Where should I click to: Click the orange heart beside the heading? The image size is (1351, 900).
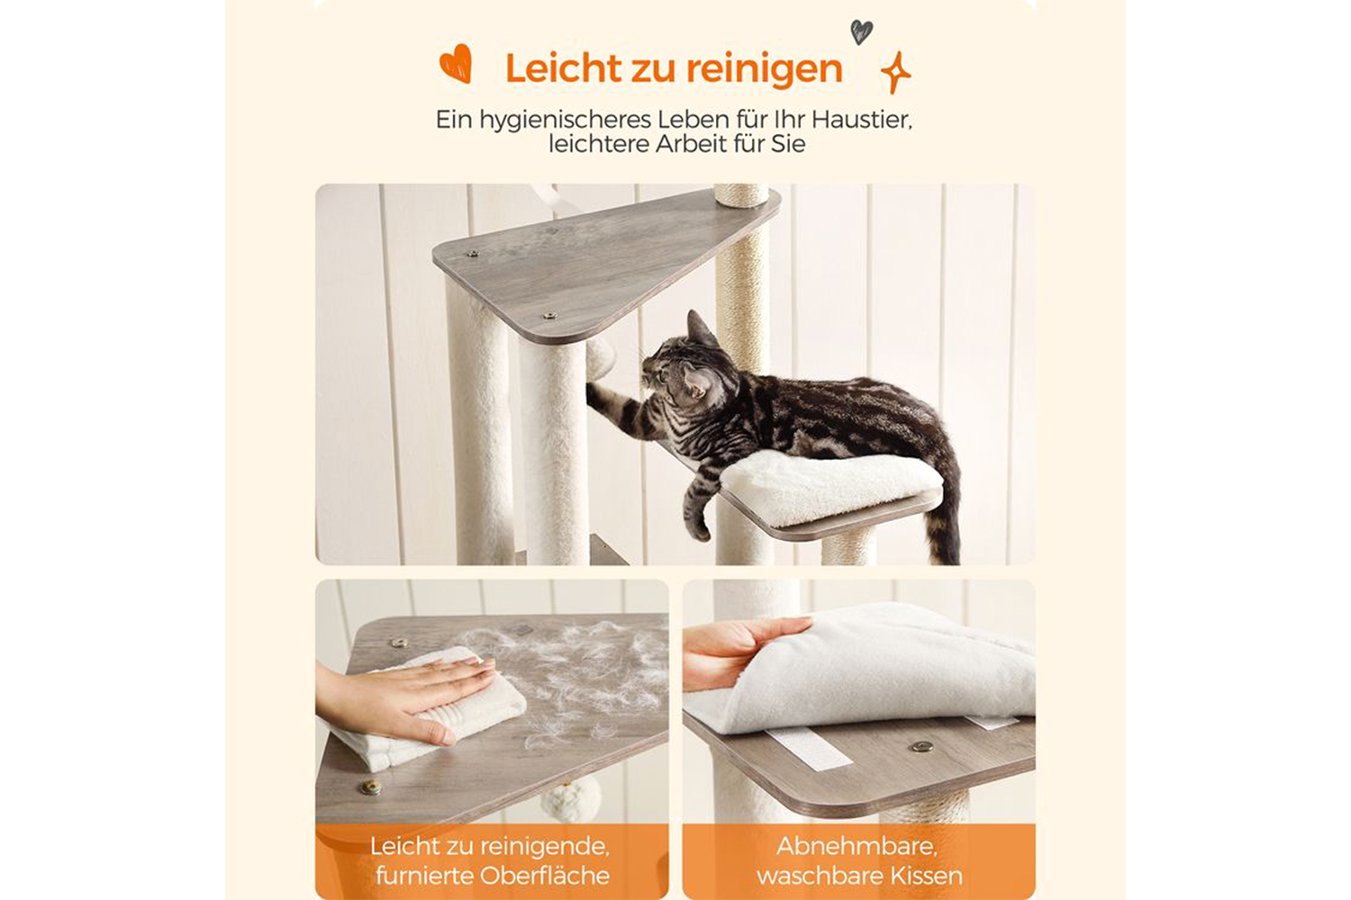[456, 64]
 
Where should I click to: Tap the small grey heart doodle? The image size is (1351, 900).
[861, 31]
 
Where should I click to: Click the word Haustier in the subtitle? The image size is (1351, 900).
[861, 120]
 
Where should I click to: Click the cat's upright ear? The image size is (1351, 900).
[697, 328]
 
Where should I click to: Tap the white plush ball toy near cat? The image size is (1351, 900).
[600, 357]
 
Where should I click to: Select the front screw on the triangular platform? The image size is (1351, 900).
[549, 315]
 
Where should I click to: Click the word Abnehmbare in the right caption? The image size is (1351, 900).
[857, 846]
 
